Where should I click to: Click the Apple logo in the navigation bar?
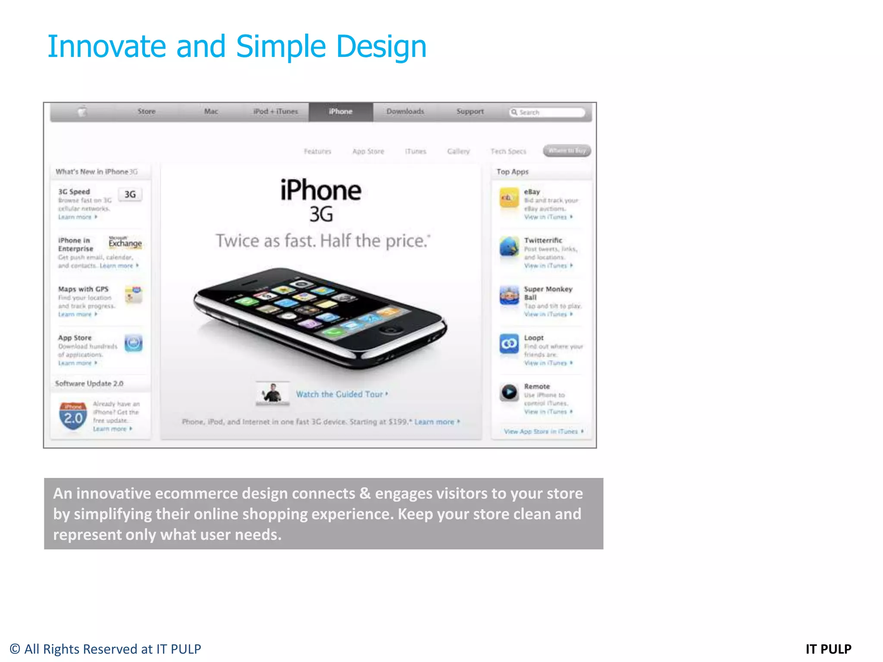click(x=82, y=112)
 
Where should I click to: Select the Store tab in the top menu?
click(x=147, y=112)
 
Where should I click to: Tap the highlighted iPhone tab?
click(x=341, y=112)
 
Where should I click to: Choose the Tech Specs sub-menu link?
click(x=508, y=151)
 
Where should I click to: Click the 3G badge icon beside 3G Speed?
click(x=130, y=194)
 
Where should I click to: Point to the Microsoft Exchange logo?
click(x=125, y=243)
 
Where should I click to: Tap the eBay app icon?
click(x=509, y=198)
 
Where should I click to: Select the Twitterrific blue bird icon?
click(x=509, y=247)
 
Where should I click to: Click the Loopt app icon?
click(x=509, y=344)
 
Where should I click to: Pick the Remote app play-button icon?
click(x=509, y=392)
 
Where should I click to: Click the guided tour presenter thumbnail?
click(x=272, y=393)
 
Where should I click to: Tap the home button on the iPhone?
click(x=391, y=331)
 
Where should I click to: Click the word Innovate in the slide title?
click(x=106, y=46)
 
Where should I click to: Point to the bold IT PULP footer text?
click(x=828, y=649)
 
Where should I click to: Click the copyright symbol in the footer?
click(x=15, y=649)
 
